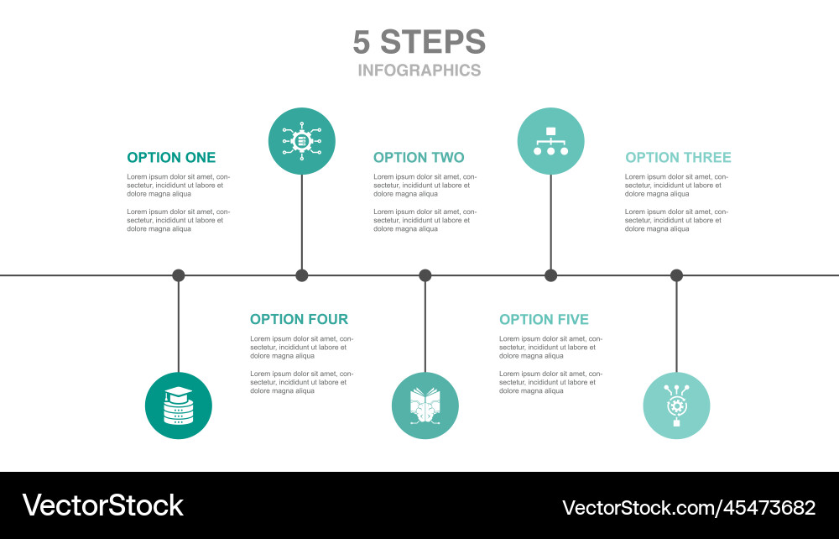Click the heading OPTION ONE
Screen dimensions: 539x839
coord(171,158)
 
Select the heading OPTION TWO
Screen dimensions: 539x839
coord(419,158)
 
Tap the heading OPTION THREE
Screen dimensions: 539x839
coord(678,158)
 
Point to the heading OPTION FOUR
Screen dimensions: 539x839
coord(299,319)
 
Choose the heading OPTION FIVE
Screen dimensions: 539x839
coord(544,319)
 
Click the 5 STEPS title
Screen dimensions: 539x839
coord(419,42)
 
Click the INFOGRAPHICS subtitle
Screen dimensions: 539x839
coord(419,71)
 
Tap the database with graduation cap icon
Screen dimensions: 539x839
coord(179,406)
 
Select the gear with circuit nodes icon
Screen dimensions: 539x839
coord(302,141)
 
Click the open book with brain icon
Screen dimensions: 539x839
coord(425,406)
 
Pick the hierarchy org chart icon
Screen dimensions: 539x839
coord(550,141)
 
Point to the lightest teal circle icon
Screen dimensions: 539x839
coord(676,406)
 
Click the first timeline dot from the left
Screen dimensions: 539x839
coord(179,275)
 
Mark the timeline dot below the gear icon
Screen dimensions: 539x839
coord(302,275)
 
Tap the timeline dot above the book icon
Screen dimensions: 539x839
coord(425,275)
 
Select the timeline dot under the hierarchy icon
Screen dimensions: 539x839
coord(550,275)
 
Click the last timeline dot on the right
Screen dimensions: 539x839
coord(676,275)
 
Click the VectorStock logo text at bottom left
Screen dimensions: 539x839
coord(102,505)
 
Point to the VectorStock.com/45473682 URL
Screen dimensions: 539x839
coord(688,507)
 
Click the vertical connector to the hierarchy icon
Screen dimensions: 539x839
coord(550,222)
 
